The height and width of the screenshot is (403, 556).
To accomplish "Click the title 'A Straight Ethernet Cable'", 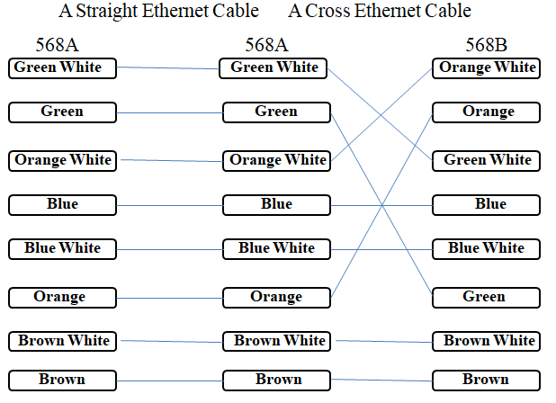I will click(159, 12).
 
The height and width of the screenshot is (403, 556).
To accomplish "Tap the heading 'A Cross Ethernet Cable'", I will click(380, 12).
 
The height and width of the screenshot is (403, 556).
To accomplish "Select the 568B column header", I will click(486, 44).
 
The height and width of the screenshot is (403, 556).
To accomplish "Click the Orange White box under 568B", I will click(486, 67).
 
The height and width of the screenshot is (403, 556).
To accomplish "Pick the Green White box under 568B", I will click(486, 160).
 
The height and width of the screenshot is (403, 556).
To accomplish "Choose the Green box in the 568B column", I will click(486, 297).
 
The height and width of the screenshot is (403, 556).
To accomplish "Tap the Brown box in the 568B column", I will click(486, 380).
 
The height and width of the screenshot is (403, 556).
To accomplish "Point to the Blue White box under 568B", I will click(486, 248).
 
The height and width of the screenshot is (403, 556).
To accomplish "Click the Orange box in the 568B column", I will click(486, 112).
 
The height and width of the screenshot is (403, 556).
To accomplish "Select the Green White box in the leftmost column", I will click(62, 67).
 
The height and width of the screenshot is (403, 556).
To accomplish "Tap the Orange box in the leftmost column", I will click(62, 297).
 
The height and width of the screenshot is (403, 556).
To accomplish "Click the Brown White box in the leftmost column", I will click(62, 341).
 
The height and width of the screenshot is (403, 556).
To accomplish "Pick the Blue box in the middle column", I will click(276, 204).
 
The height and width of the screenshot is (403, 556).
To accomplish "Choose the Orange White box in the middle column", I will click(276, 160).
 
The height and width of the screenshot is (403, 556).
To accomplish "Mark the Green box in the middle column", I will click(276, 112).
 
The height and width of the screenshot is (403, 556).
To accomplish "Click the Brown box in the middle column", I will click(276, 380).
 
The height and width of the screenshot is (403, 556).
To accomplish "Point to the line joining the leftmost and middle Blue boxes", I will click(169, 205).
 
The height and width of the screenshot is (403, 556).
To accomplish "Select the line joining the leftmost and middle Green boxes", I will click(169, 113).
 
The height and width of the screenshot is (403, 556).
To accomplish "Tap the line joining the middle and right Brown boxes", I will click(381, 381).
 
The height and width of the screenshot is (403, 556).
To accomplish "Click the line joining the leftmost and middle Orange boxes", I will click(169, 297).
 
